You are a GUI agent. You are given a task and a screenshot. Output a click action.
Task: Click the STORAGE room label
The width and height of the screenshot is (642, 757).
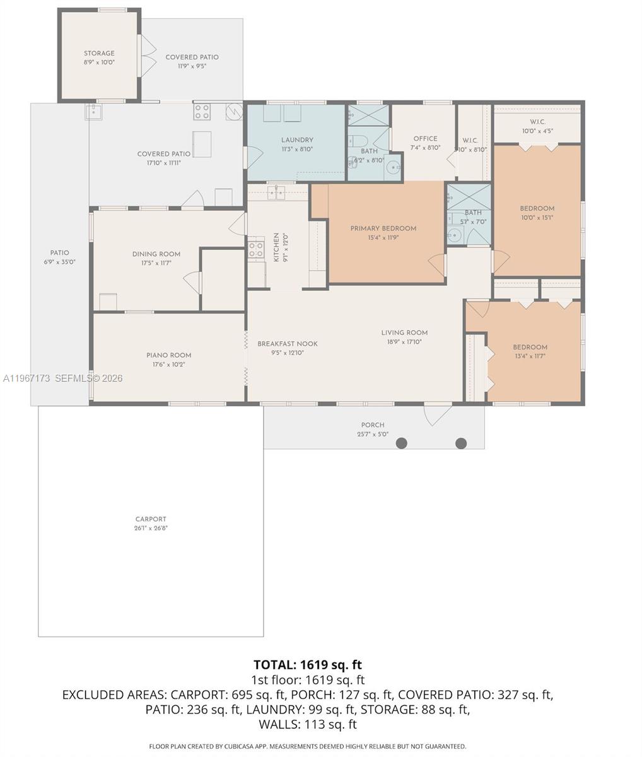pyautogui.click(x=99, y=54)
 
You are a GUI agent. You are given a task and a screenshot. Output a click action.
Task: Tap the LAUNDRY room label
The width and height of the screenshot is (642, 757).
pyautogui.click(x=296, y=140)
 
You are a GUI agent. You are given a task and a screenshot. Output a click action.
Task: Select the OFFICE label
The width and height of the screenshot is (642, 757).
pyautogui.click(x=425, y=139)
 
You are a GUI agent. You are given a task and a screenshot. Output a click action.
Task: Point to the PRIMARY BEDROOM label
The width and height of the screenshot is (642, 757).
pyautogui.click(x=383, y=228)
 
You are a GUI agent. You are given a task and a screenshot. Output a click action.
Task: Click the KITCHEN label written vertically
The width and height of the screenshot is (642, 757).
pyautogui.click(x=276, y=243)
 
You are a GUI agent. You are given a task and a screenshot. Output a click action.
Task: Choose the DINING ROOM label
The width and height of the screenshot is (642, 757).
pyautogui.click(x=156, y=254)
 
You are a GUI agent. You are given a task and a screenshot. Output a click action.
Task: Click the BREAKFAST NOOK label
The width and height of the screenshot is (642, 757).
pyautogui.click(x=287, y=344)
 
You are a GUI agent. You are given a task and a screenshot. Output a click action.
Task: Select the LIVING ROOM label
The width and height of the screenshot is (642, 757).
pyautogui.click(x=404, y=332)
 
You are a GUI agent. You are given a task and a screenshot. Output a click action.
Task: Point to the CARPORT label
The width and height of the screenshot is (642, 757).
pyautogui.click(x=151, y=519)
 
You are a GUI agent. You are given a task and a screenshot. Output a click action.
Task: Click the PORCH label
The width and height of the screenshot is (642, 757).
pyautogui.click(x=373, y=425)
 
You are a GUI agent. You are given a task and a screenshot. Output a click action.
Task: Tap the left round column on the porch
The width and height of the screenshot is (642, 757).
pyautogui.click(x=401, y=443)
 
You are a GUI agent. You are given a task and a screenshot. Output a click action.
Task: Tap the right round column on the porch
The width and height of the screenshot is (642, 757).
pyautogui.click(x=461, y=443)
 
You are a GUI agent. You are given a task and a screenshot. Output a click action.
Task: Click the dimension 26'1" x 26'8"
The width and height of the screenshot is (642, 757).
pyautogui.click(x=151, y=528)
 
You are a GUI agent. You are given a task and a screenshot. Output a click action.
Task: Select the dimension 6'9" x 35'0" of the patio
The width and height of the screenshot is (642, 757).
pyautogui.click(x=61, y=262)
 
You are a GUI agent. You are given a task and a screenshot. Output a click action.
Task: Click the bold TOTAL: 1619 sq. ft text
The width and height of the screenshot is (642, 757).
pyautogui.click(x=308, y=664)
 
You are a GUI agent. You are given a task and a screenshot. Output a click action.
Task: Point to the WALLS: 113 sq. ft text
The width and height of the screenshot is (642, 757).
pyautogui.click(x=308, y=724)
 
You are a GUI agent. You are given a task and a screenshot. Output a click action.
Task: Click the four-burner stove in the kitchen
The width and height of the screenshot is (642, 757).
pyautogui.click(x=255, y=250)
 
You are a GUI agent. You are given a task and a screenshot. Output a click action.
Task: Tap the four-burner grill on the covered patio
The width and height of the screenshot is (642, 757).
pyautogui.click(x=202, y=112)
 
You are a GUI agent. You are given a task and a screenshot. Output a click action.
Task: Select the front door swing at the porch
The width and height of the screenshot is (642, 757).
pyautogui.click(x=438, y=414)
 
